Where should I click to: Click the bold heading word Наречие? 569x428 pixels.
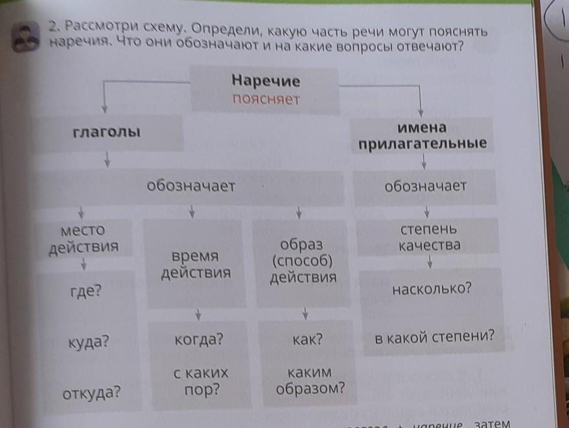(266, 82)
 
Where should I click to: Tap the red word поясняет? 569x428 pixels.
(266, 100)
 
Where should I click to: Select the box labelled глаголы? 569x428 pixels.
(107, 132)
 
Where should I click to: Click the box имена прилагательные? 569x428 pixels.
(423, 135)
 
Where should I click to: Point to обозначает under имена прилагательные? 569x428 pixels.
(425, 186)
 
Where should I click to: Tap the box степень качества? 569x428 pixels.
(429, 238)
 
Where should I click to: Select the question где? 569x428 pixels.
(85, 292)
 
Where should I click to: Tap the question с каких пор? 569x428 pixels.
(202, 382)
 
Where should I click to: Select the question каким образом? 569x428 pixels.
(309, 381)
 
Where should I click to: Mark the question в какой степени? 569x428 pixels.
(435, 337)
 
